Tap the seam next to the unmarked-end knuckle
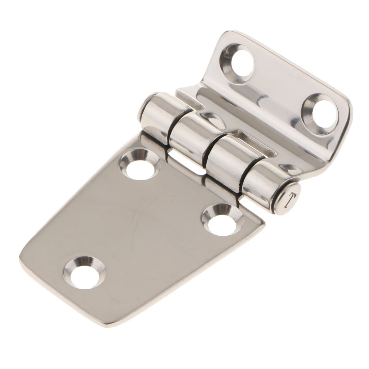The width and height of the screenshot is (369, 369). [x=172, y=124]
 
